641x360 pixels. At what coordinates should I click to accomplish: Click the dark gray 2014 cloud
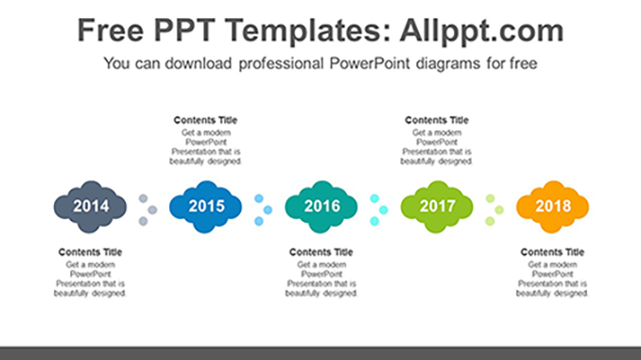[x=90, y=206]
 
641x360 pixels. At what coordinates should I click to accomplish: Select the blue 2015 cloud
[x=205, y=206]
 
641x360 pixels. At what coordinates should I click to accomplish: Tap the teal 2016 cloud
[x=320, y=206]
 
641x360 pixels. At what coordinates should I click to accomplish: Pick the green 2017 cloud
[x=437, y=206]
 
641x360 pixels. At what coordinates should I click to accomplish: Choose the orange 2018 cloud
[x=552, y=206]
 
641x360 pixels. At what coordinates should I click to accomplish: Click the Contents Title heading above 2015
[x=205, y=121]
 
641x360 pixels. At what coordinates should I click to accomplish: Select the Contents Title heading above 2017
[x=437, y=121]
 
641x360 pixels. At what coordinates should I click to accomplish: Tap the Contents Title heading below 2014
[x=90, y=252]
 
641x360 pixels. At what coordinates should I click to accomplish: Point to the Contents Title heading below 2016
[x=320, y=252]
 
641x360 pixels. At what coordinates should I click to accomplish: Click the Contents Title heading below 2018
[x=552, y=252]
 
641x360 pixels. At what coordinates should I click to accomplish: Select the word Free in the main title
[x=110, y=30]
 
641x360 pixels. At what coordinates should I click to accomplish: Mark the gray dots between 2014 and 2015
[x=147, y=210]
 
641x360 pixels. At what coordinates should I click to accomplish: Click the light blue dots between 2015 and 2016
[x=263, y=210]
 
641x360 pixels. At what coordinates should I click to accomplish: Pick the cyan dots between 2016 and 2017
[x=378, y=210]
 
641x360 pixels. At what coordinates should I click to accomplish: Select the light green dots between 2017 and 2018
[x=494, y=210]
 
